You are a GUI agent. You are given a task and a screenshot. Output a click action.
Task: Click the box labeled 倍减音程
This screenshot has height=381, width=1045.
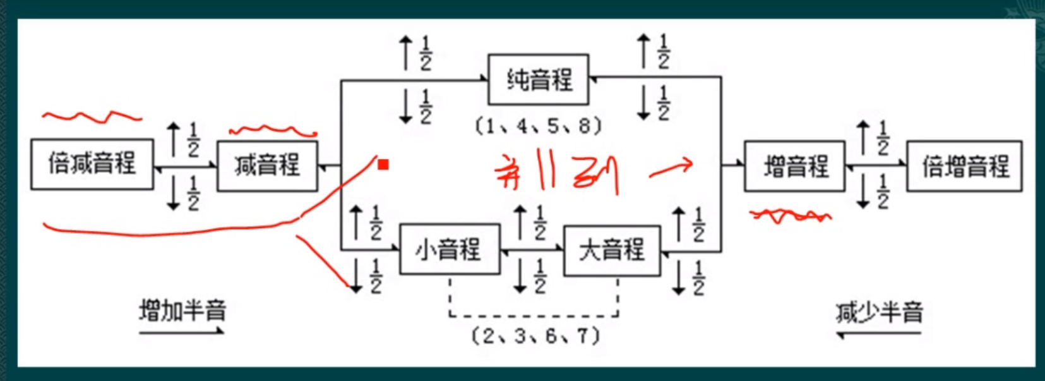(x=92, y=164)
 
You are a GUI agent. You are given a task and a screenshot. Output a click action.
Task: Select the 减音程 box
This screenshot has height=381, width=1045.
(x=267, y=166)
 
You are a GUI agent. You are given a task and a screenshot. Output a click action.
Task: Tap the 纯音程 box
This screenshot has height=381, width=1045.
(x=539, y=80)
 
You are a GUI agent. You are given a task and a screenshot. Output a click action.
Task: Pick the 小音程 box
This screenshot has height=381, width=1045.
(x=450, y=250)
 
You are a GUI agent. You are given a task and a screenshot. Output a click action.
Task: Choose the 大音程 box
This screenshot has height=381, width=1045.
(x=612, y=250)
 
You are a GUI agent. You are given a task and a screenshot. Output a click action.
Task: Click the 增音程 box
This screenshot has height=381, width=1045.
(x=795, y=167)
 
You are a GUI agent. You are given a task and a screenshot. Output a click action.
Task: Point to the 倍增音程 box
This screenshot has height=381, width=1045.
(x=965, y=167)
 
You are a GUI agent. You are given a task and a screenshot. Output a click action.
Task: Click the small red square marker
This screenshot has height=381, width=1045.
(x=383, y=165)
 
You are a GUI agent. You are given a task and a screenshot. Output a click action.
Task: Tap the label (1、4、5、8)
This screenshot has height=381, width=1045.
(x=538, y=126)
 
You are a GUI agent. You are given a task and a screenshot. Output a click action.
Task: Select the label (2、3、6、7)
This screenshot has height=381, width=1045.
(x=535, y=335)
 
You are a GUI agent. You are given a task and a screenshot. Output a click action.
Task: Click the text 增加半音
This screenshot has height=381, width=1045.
(x=182, y=310)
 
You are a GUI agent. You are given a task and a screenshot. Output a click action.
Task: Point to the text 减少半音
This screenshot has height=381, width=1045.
(x=879, y=312)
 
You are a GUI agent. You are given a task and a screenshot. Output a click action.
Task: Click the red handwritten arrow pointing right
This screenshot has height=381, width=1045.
(x=672, y=169)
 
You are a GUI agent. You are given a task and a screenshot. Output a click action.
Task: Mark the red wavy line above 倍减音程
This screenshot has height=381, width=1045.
(x=92, y=116)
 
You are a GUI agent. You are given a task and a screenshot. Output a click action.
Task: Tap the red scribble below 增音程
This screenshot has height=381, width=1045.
(x=790, y=217)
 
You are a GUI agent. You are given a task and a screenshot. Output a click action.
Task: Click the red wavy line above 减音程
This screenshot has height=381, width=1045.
(x=273, y=131)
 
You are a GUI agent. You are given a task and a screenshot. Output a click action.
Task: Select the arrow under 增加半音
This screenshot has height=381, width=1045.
(x=182, y=330)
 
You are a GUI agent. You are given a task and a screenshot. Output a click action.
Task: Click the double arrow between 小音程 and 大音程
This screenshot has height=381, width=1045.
(x=531, y=250)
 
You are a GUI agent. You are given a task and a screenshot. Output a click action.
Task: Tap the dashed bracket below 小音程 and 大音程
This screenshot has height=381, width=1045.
(x=534, y=314)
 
